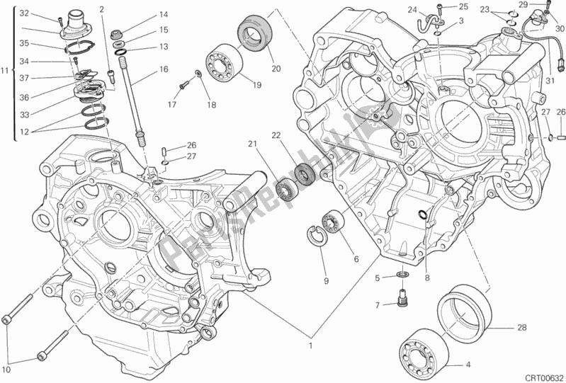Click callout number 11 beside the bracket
point(5,70)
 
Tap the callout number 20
point(276,69)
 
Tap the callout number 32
point(23,13)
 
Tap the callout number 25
point(463,6)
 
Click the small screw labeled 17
point(183,86)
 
